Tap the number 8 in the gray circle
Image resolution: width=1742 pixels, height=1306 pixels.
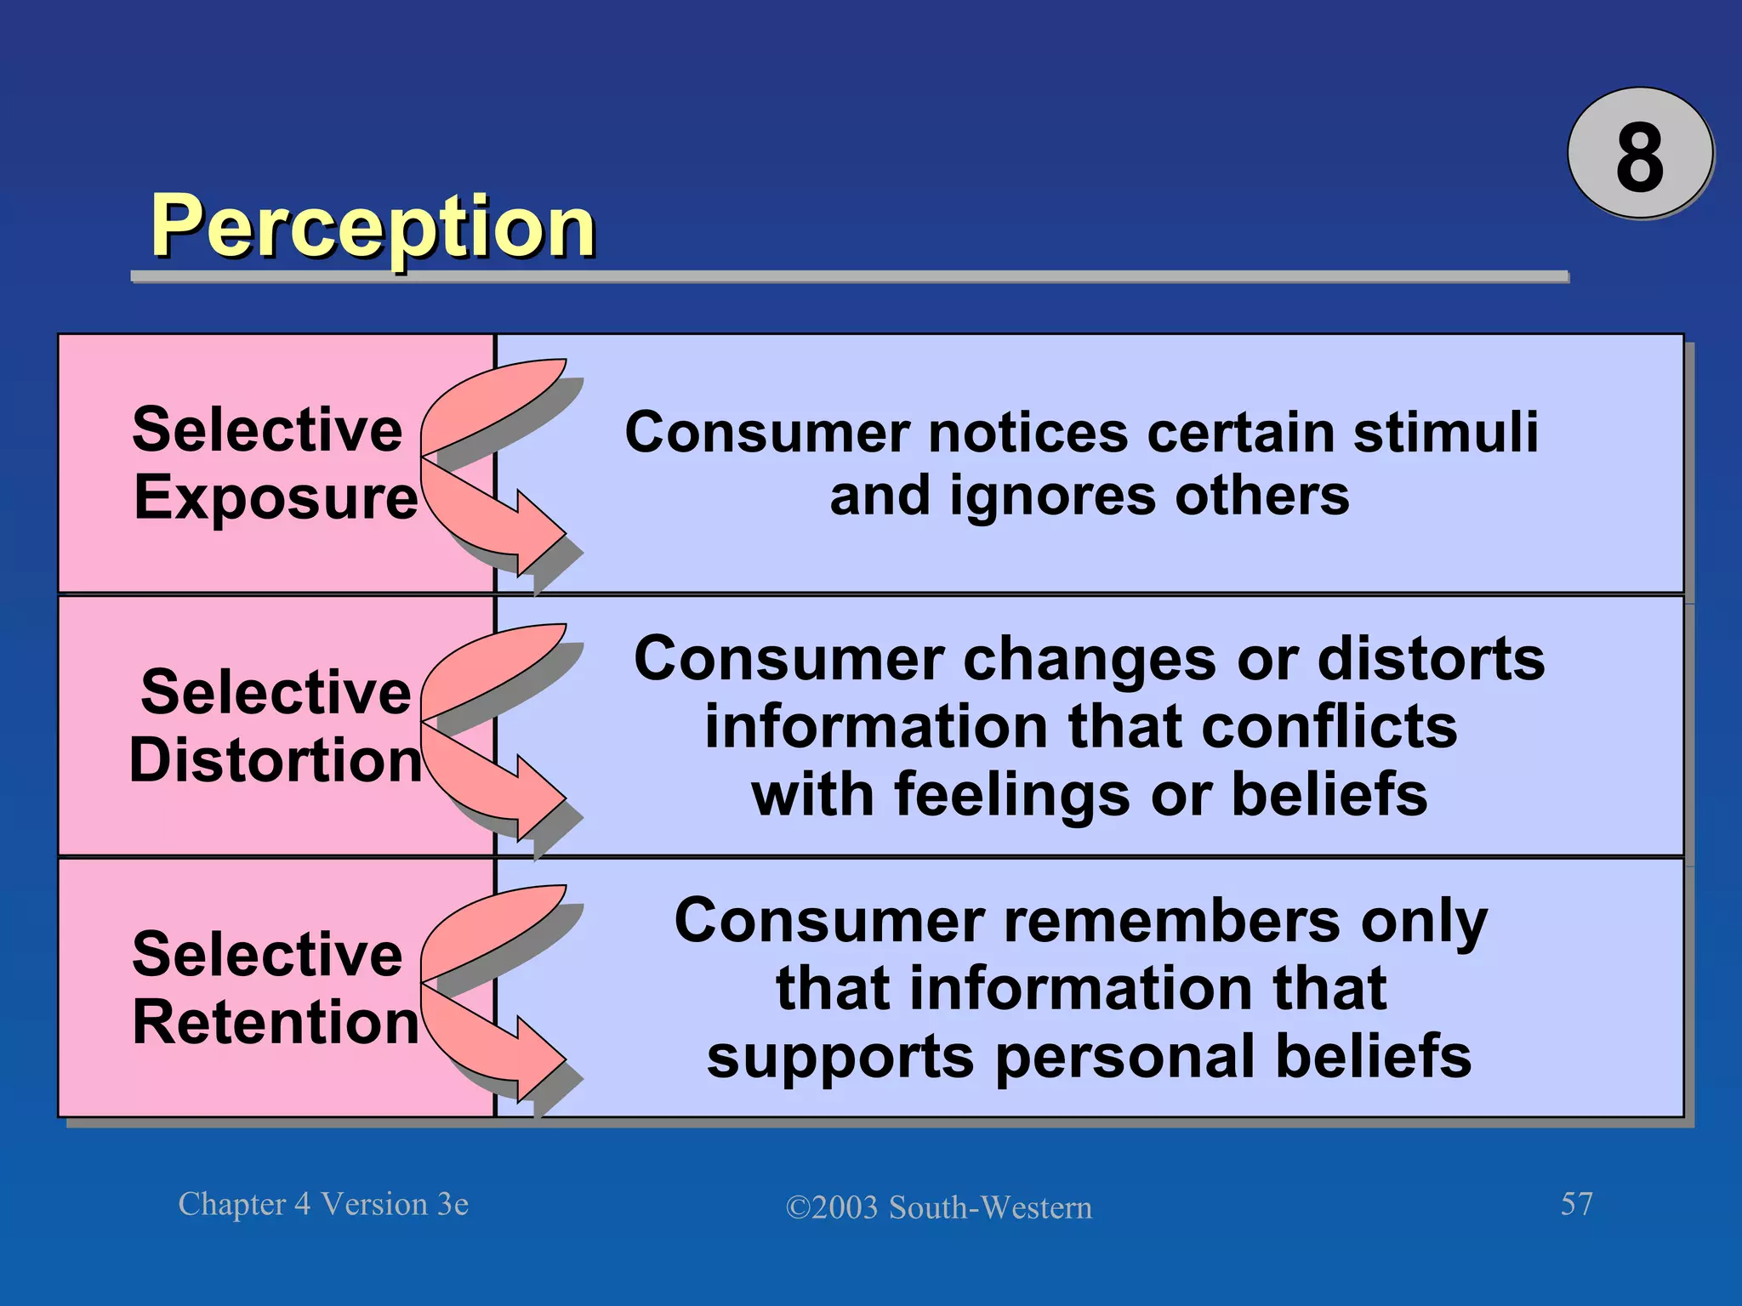tap(1639, 156)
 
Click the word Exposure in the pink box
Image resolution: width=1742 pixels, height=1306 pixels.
tap(276, 498)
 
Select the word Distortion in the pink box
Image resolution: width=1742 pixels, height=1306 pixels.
tap(276, 759)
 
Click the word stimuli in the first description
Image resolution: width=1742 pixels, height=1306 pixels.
tap(1445, 432)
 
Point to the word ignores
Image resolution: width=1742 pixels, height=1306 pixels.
tap(1052, 497)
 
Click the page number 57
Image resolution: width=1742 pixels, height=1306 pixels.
tap(1576, 1204)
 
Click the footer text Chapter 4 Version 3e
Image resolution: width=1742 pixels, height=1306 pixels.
tap(323, 1204)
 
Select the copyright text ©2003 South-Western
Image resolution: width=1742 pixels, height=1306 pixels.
tap(938, 1207)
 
